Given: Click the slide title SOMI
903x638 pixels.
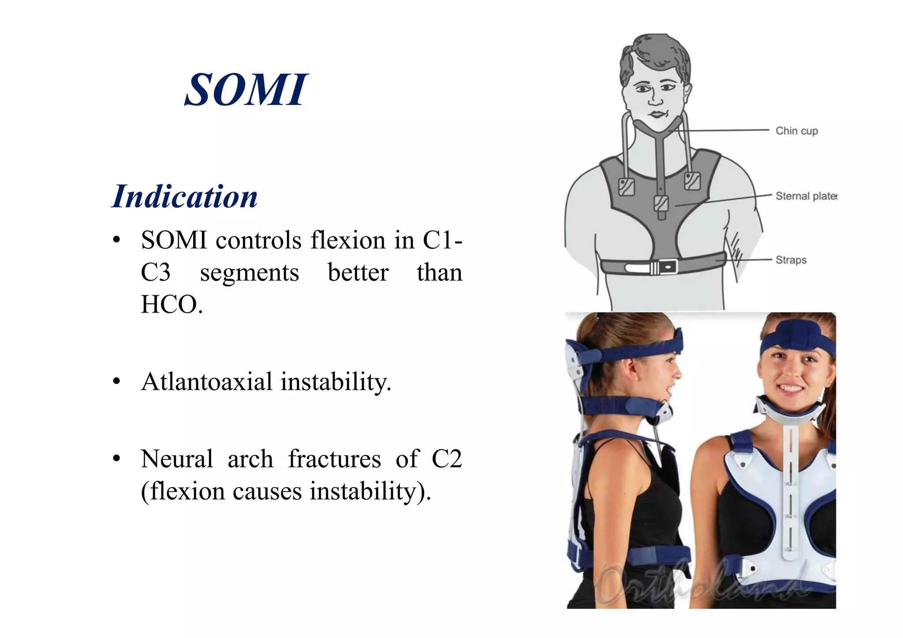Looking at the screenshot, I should click(x=246, y=90).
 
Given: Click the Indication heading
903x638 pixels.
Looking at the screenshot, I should click(x=185, y=197).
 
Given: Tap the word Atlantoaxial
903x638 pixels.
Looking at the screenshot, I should click(x=207, y=381).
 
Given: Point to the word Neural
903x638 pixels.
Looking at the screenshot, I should click(x=177, y=459).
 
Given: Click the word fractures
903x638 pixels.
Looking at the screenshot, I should click(x=334, y=459).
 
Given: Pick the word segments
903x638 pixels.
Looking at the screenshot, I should click(x=250, y=272).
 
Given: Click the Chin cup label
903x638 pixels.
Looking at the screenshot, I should click(x=796, y=131).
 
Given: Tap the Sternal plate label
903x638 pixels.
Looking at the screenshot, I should click(x=806, y=196).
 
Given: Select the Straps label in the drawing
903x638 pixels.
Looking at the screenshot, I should click(x=791, y=260).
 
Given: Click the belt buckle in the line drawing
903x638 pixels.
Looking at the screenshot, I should click(x=663, y=267).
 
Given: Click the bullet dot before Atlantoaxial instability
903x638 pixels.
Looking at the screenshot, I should click(x=116, y=381).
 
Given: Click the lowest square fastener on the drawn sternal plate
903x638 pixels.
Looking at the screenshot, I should click(x=661, y=203).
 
